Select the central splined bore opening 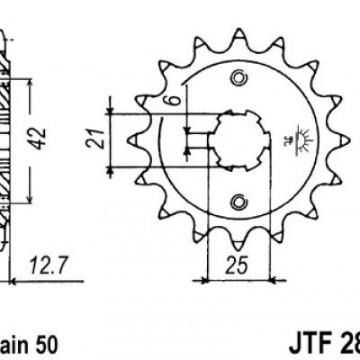point(235,138)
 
